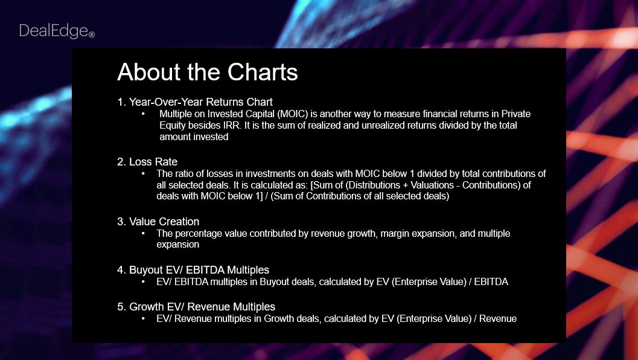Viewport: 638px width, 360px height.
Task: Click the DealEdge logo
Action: pos(57,31)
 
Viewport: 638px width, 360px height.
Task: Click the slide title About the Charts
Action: pos(208,72)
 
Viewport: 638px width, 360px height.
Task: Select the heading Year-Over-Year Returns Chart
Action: pos(195,102)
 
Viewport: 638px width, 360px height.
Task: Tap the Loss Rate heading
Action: pos(147,162)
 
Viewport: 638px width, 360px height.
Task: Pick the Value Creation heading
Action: pos(158,222)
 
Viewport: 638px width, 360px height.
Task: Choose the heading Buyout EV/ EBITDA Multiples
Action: pos(193,270)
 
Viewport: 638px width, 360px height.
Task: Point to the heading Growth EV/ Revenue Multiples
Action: pos(196,307)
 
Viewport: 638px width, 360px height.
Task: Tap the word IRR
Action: pos(232,126)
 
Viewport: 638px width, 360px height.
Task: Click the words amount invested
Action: pos(194,137)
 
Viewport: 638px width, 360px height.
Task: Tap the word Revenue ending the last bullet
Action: pos(498,319)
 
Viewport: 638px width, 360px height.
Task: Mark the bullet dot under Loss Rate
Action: pos(143,174)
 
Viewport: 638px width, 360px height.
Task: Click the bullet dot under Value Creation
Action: pos(143,234)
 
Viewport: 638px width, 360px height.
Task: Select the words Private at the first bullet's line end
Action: pos(516,114)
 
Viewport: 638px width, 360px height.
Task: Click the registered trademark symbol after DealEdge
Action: pos(92,34)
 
